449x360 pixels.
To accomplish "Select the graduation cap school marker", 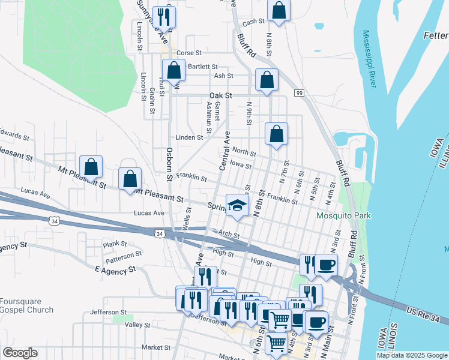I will click(237, 206).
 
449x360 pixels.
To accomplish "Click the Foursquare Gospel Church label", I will click(26, 306).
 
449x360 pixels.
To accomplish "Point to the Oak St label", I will click(220, 95).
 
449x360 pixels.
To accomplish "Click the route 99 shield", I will click(299, 92).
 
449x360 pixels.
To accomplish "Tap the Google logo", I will click(20, 353).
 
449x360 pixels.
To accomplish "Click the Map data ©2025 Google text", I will click(411, 355).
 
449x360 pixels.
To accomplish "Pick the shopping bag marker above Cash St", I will click(279, 9).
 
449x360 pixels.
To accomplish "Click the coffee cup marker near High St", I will click(326, 265).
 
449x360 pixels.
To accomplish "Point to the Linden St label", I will click(189, 137).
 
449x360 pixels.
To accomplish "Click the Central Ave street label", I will click(224, 150).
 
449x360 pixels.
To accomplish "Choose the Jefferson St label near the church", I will click(109, 312).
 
